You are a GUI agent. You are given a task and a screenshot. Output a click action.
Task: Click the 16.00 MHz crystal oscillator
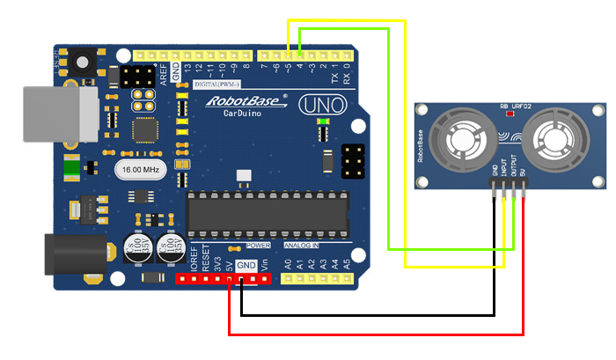(139, 168)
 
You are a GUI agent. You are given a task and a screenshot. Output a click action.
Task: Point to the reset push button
(84, 63)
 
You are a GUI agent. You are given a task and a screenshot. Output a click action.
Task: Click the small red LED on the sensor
(506, 114)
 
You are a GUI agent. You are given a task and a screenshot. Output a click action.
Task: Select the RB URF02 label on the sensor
(517, 106)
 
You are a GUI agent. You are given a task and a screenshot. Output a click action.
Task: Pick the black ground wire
(370, 314)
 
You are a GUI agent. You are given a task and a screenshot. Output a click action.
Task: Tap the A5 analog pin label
(347, 263)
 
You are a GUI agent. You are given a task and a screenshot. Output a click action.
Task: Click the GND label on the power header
(246, 265)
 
